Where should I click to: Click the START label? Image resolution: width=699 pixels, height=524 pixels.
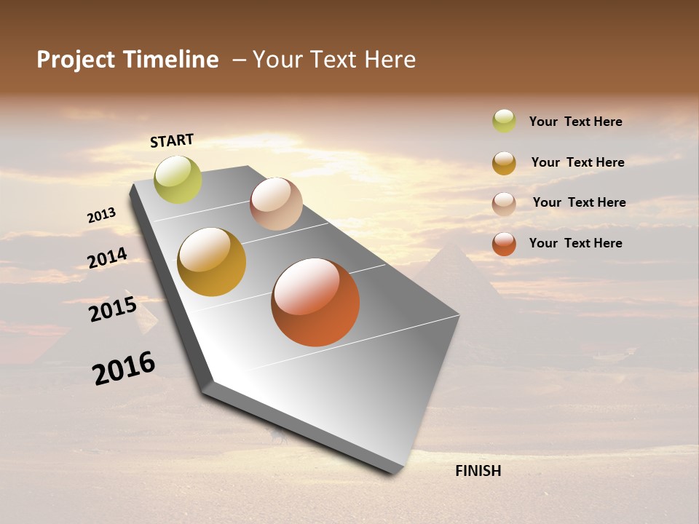172,140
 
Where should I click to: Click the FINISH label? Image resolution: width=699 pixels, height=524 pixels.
478,471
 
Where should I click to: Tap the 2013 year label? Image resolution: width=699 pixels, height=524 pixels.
101,215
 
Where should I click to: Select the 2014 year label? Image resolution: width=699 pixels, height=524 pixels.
107,258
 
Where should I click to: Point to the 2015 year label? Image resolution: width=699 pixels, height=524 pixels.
113,309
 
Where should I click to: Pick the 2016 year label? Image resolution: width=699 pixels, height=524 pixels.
124,368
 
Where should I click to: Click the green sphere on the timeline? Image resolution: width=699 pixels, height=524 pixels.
178,179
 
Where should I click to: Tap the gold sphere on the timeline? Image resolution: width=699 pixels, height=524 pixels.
212,262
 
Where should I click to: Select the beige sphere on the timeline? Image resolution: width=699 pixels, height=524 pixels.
276,204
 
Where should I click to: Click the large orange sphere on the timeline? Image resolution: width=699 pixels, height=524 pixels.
315,302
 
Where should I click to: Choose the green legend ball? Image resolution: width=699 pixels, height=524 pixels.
504,121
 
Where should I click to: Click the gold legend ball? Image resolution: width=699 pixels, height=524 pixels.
504,163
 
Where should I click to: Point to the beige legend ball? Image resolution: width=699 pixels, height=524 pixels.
504,204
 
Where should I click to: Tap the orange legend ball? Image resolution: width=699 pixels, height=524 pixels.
504,244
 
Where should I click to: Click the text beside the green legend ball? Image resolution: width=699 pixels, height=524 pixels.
575,122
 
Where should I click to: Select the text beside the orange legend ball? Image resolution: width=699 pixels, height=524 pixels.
575,243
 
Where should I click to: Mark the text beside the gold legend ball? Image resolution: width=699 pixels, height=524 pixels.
577,162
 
